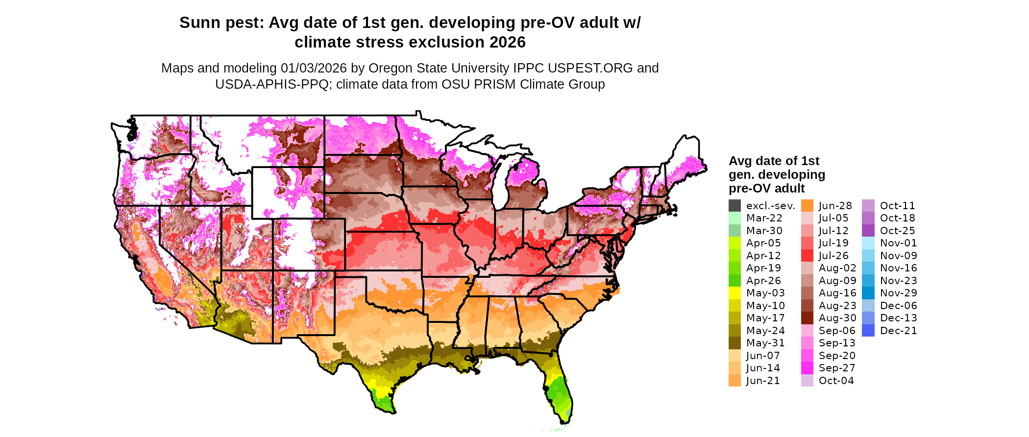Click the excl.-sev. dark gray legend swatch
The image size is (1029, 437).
[735, 206]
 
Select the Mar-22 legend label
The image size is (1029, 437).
[764, 218]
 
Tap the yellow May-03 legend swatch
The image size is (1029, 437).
[735, 293]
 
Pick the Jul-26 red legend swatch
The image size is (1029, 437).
[807, 256]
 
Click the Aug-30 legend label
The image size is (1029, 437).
[837, 318]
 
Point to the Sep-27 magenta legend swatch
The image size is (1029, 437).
[807, 368]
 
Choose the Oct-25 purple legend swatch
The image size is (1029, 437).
[868, 231]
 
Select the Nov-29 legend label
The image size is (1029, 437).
[898, 293]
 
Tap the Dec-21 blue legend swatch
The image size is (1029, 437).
[868, 331]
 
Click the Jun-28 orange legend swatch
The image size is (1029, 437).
[807, 206]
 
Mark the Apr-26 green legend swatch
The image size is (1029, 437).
[735, 281]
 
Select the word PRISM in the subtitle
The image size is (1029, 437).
[496, 84]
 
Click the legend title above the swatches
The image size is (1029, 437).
[776, 174]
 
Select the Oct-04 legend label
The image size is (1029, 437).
[836, 381]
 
